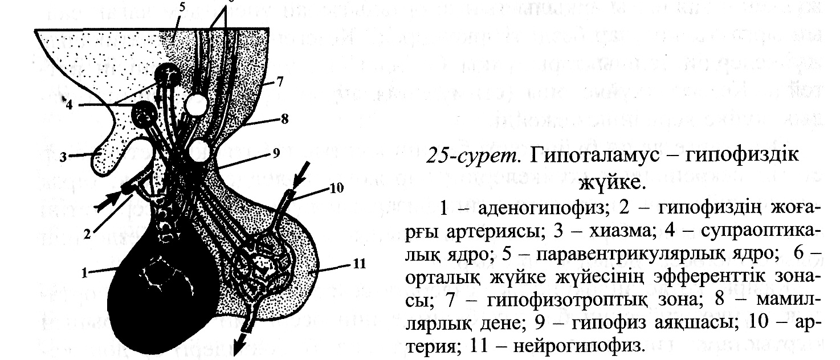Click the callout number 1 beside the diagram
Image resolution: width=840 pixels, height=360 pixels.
click(84, 273)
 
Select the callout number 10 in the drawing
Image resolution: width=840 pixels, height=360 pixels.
click(337, 189)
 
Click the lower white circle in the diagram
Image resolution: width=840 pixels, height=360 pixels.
click(198, 152)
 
